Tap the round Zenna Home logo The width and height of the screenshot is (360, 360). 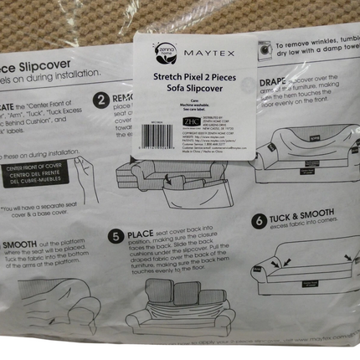pos(163,53)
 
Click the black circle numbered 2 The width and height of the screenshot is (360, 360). pos(101,100)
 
